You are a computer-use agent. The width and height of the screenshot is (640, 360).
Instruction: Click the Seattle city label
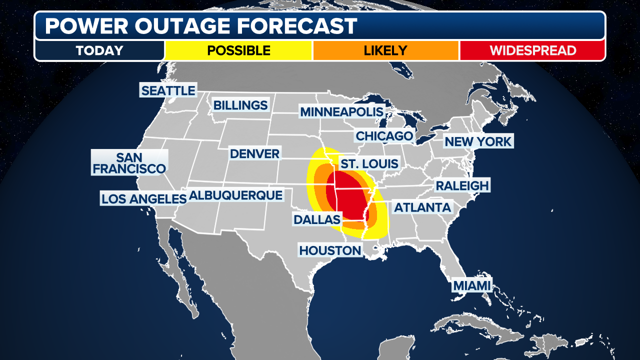(168, 90)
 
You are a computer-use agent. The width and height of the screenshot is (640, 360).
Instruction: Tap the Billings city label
(240, 105)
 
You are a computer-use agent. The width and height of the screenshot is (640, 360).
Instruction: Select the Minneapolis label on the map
(341, 112)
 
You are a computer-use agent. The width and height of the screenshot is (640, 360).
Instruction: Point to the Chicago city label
(384, 135)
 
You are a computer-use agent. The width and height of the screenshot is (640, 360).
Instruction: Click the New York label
(478, 141)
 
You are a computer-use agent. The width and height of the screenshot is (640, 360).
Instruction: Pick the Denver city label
(254, 153)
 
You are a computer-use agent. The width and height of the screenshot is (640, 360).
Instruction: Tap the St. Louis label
(369, 163)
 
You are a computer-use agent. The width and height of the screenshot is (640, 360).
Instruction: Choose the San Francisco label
(129, 163)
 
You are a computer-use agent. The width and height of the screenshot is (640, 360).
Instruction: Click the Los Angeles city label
(143, 198)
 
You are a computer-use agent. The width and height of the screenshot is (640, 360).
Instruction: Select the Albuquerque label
(236, 195)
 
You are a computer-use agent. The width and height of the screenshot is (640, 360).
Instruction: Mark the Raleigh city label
(461, 185)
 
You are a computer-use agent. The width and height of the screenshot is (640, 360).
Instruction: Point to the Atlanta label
(422, 207)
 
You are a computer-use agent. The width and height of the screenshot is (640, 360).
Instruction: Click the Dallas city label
(317, 219)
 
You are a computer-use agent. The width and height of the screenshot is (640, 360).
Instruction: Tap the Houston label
(330, 250)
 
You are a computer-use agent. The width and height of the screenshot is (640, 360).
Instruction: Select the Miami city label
(471, 285)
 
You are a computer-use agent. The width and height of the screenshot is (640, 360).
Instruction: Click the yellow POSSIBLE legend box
(238, 50)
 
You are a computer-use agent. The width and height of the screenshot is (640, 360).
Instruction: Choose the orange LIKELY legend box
(385, 50)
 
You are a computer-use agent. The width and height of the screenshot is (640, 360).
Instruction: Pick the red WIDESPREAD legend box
(532, 50)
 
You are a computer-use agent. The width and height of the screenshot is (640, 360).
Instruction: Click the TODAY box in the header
(99, 50)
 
